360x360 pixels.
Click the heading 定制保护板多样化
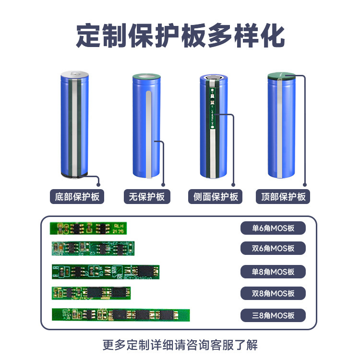tap(180, 36)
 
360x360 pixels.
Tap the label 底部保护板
tap(77, 197)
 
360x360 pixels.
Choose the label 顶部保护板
tap(283, 197)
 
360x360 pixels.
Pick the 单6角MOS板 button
tap(273, 228)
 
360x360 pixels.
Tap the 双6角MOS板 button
tap(273, 248)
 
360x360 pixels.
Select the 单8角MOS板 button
tap(273, 271)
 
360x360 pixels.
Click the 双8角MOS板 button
tap(273, 293)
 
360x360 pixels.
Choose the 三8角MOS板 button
tap(273, 315)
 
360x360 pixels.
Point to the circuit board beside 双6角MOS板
tap(94, 248)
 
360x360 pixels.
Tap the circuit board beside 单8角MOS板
tap(105, 272)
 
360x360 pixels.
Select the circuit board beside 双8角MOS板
tap(91, 293)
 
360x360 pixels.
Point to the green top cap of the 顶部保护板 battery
tap(281, 75)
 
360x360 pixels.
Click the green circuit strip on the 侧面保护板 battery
tap(212, 108)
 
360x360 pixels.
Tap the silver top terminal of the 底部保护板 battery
tap(75, 74)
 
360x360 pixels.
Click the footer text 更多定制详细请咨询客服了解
tap(180, 345)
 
